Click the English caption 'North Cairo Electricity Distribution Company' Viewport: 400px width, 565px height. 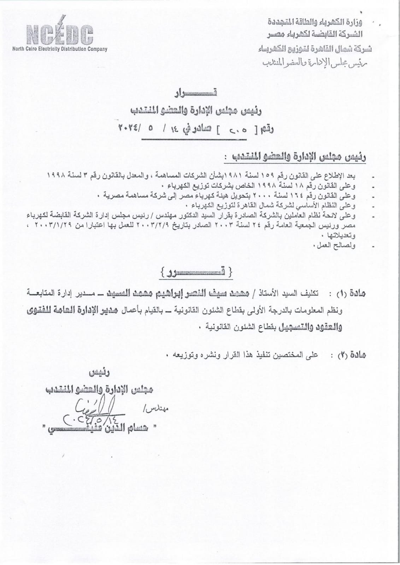[60, 49]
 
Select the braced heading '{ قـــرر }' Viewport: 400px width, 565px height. [196, 273]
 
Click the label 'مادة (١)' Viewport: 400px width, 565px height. [351, 293]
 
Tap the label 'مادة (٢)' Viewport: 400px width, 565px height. [351, 355]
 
